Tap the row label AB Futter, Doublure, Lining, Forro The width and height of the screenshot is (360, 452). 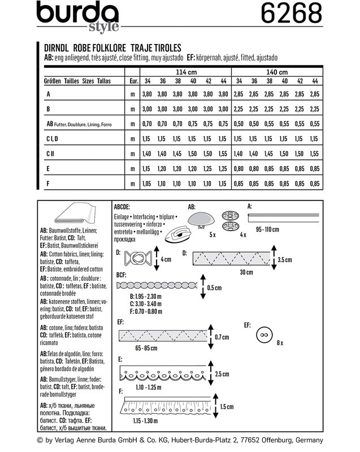tap(79, 124)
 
